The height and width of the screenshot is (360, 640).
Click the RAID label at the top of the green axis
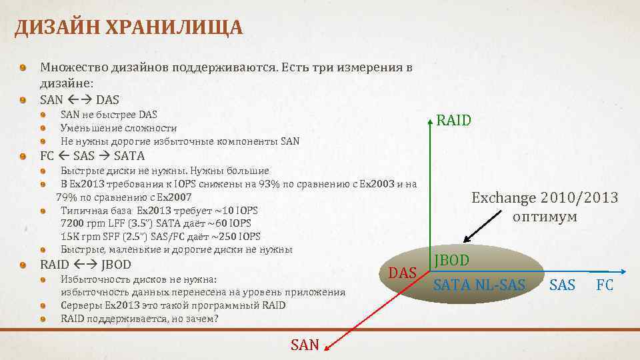pyautogui.click(x=453, y=121)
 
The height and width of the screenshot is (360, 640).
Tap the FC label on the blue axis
pyautogui.click(x=605, y=285)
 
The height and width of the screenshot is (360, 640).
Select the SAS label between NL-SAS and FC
pyautogui.click(x=562, y=285)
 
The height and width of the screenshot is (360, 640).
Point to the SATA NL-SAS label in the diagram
pyautogui.click(x=479, y=285)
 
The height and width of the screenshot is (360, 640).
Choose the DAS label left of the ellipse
pyautogui.click(x=403, y=273)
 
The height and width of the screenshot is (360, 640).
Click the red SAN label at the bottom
pyautogui.click(x=305, y=345)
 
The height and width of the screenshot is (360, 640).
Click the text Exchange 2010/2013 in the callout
pyautogui.click(x=545, y=198)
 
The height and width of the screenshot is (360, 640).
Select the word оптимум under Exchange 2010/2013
pyautogui.click(x=545, y=217)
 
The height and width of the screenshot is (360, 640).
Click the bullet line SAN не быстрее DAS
pyautogui.click(x=109, y=115)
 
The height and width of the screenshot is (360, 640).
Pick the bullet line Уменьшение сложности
pyautogui.click(x=119, y=128)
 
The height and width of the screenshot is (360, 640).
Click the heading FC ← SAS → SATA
pyautogui.click(x=92, y=156)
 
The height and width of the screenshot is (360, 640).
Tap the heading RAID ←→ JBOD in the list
pyautogui.click(x=85, y=264)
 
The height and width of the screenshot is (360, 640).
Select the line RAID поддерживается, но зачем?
pyautogui.click(x=139, y=319)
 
